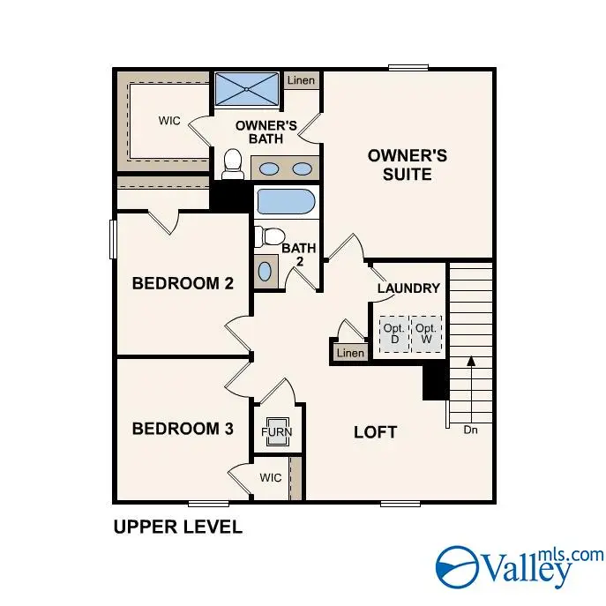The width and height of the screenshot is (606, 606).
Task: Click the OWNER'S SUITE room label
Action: click(407, 165)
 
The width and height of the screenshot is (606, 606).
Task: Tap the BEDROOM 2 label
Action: click(183, 283)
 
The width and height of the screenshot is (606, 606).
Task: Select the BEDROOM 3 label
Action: click(183, 429)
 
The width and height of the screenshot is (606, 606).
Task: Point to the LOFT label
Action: click(375, 432)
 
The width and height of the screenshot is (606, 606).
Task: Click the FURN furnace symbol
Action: click(276, 432)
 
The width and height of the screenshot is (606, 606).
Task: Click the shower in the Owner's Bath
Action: click(246, 89)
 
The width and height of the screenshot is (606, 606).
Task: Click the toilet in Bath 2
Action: click(267, 236)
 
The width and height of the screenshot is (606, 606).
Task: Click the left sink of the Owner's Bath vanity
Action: click(270, 168)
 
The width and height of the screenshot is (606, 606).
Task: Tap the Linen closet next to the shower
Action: click(300, 80)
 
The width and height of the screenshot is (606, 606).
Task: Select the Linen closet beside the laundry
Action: click(350, 353)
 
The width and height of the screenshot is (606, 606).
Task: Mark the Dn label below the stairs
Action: click(471, 430)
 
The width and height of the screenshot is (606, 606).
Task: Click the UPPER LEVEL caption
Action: click(177, 527)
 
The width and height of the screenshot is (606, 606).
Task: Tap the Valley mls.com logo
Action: click(520, 565)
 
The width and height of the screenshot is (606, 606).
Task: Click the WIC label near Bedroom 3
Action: click(270, 477)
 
